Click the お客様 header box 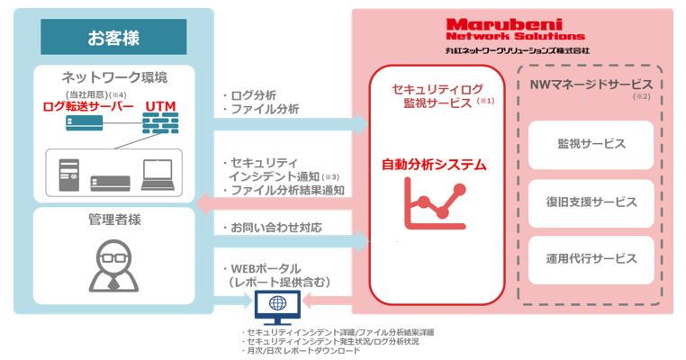click(114, 38)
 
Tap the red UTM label click(160, 106)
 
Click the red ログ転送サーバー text click(87, 106)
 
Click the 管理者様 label click(114, 219)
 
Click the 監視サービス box click(591, 143)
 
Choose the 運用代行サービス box click(591, 258)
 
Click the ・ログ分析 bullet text click(248, 94)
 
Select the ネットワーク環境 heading click(114, 76)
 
